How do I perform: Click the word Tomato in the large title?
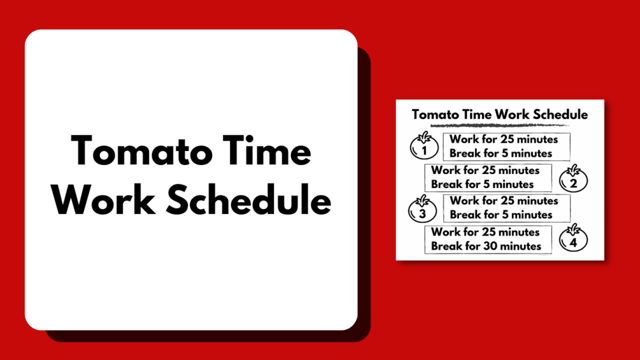pos(141,151)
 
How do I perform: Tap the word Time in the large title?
pos(267,150)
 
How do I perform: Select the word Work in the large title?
pos(103,200)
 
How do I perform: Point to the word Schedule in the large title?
pos(248,199)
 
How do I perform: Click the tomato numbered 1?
pos(424,146)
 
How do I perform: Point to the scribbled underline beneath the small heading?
pos(500,125)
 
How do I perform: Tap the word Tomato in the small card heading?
pos(435,115)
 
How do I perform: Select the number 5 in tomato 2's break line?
pos(487,185)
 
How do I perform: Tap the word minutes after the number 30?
pos(521,246)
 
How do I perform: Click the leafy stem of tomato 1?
pos(425,137)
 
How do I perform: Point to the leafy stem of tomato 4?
pos(574,229)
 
